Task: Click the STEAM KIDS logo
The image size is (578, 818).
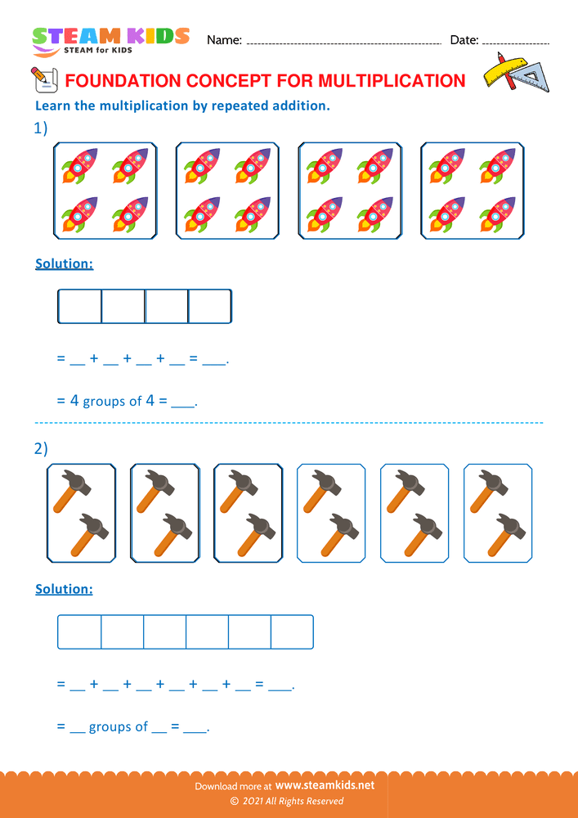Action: coord(110,40)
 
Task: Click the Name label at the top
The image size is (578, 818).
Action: coord(224,40)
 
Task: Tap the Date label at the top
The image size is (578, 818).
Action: coord(464,40)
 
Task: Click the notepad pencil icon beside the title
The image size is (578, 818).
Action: coord(43,78)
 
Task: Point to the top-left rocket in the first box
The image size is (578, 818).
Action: coord(79,165)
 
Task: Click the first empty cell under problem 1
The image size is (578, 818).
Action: coord(80,306)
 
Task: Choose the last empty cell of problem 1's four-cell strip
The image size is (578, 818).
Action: coord(210,306)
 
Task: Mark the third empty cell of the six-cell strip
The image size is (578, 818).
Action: coord(164,631)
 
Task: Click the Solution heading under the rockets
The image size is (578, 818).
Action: coord(64,264)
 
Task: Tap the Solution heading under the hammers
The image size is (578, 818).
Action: coord(64,589)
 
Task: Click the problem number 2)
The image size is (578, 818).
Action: coord(41,448)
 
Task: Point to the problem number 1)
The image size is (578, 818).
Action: coord(40,128)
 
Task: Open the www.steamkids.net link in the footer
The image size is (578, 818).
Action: coord(330,785)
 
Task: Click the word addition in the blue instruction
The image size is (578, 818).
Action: coord(298,106)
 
